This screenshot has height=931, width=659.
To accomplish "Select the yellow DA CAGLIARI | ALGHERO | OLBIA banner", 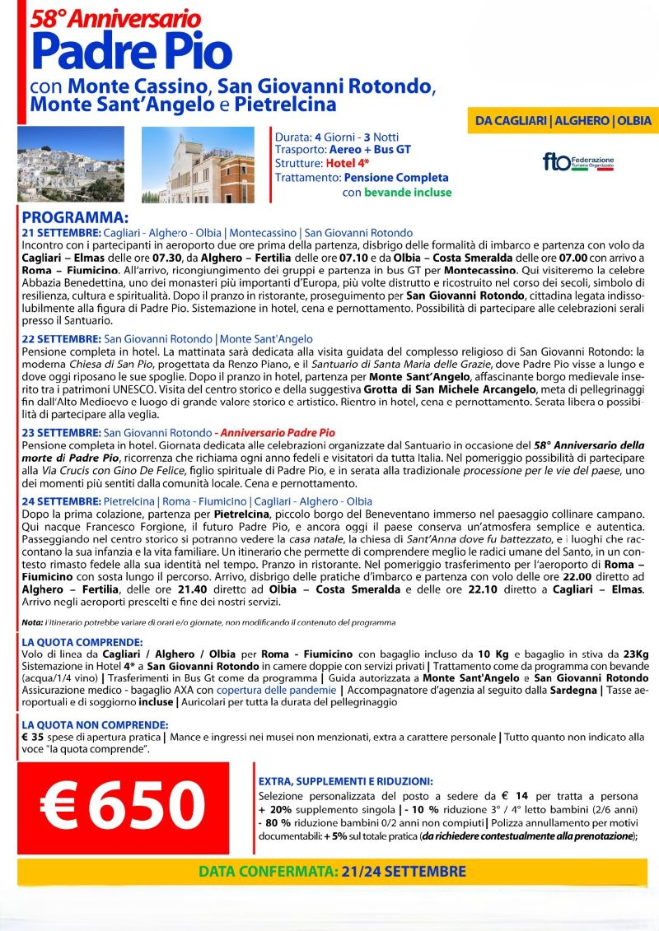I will point(563,121).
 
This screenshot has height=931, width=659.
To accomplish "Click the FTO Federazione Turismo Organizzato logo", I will point(578,161).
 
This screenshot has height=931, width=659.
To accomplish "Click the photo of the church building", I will point(201,165).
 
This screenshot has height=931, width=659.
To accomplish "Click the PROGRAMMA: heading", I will point(75,219).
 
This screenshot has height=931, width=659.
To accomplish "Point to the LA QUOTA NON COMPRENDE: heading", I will point(95,724).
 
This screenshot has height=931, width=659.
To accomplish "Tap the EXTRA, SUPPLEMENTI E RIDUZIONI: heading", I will point(345,781).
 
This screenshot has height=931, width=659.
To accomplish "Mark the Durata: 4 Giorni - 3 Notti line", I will point(339,136).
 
